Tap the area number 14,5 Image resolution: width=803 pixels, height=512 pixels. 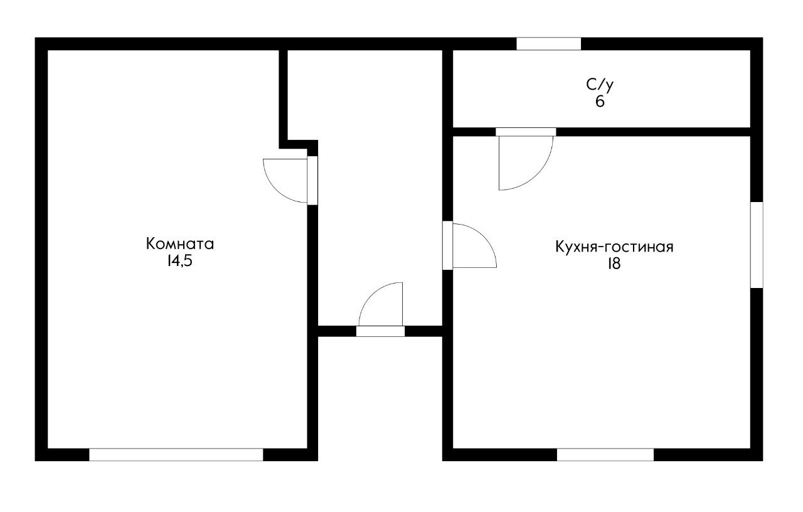pyautogui.click(x=179, y=262)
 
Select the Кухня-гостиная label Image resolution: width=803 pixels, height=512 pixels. pyautogui.click(x=614, y=247)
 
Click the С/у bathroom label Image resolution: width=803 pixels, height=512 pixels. pyautogui.click(x=600, y=85)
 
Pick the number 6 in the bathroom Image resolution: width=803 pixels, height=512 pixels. pyautogui.click(x=600, y=102)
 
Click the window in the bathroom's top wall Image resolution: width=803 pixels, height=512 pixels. pyautogui.click(x=548, y=44)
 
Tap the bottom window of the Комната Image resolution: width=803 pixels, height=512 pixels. pyautogui.click(x=176, y=455)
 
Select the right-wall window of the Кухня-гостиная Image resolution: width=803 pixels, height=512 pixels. pyautogui.click(x=757, y=245)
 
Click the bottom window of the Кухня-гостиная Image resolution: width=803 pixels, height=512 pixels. pyautogui.click(x=605, y=455)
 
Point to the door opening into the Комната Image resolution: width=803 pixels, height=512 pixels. pyautogui.click(x=312, y=180)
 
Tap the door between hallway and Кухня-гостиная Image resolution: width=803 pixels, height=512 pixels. pyautogui.click(x=447, y=245)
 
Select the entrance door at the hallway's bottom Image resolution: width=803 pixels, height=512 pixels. pyautogui.click(x=380, y=331)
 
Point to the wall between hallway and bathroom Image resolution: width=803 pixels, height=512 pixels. pyautogui.click(x=447, y=88)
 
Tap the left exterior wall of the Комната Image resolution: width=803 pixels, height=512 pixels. pyautogui.click(x=41, y=251)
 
